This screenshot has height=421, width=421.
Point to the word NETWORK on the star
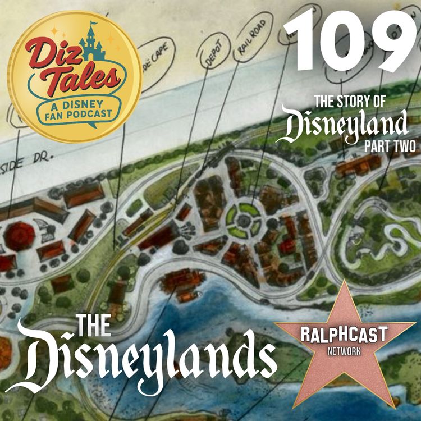(344, 348)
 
